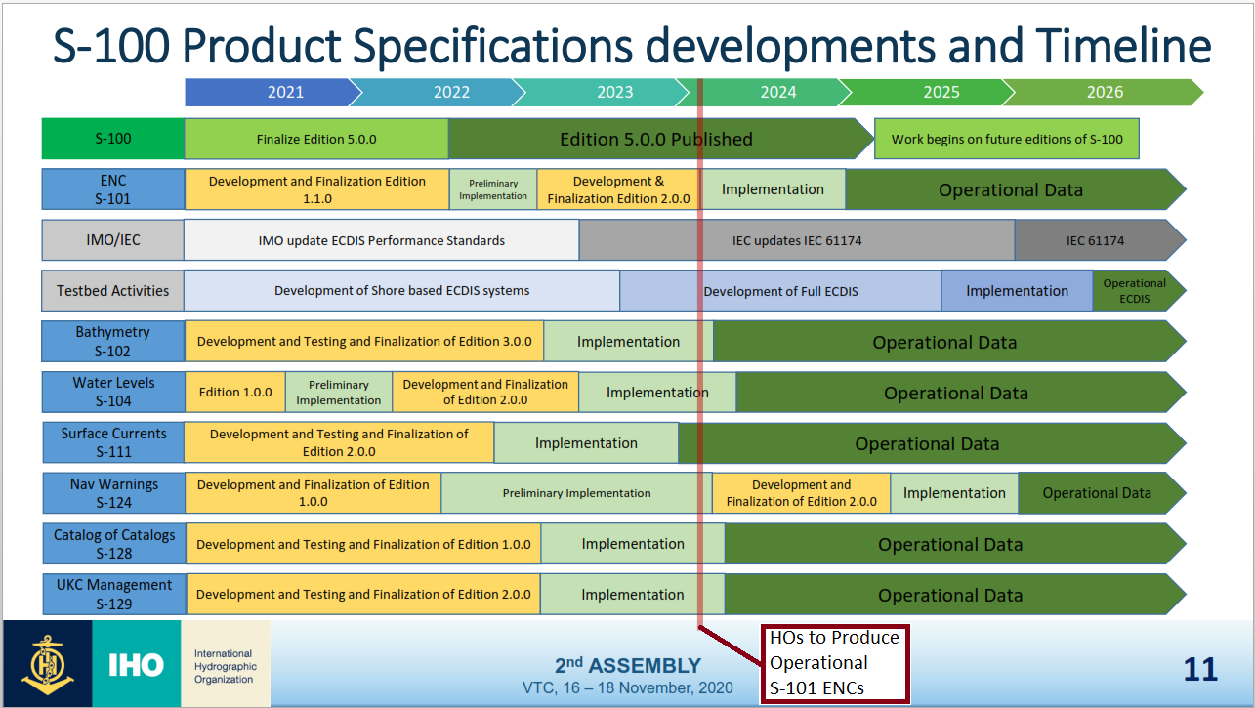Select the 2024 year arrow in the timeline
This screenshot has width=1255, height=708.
point(777,93)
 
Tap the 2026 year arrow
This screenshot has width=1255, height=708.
point(1105,93)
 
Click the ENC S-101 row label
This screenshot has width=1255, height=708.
point(113,189)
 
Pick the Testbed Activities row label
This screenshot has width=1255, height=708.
point(113,291)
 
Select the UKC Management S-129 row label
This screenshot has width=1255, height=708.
point(113,595)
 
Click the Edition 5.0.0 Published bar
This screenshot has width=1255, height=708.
point(656,139)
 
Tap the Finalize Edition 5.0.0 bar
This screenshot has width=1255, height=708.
point(316,139)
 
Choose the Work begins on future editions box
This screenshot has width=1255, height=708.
point(1007,139)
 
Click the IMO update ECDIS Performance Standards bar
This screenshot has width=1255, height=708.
point(382,240)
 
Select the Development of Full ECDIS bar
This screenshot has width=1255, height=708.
point(780,291)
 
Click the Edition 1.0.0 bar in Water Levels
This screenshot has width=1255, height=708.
point(235,393)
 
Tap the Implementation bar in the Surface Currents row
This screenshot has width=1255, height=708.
point(586,443)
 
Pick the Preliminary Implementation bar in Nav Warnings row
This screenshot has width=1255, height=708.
point(576,493)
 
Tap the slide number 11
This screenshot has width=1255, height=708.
point(1200,669)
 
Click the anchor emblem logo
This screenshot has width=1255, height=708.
point(46,664)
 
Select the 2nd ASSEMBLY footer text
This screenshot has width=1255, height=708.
point(628,666)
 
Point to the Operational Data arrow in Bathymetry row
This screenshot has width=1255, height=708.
point(944,342)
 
